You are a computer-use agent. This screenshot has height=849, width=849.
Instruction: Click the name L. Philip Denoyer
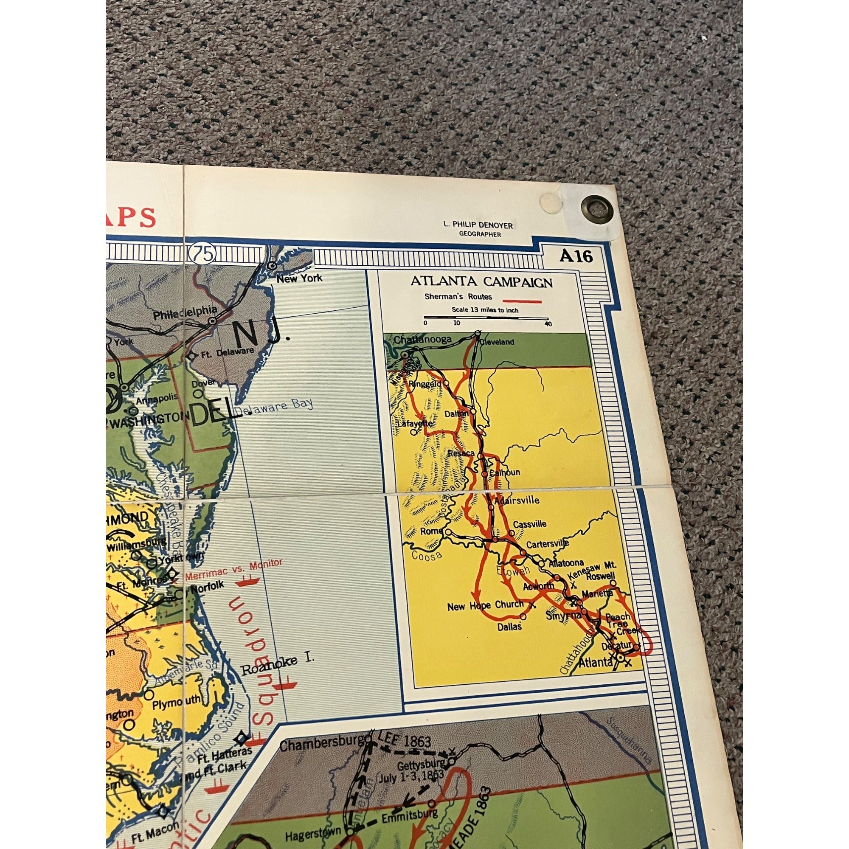tap(478, 225)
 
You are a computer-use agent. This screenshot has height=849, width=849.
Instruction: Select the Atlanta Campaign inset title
tap(481, 282)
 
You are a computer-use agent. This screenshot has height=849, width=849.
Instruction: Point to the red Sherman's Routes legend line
tap(522, 301)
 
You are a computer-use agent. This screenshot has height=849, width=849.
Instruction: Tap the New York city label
tap(299, 278)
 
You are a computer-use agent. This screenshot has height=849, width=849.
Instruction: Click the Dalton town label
tap(454, 413)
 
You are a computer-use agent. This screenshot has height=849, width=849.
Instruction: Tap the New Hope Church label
tap(485, 606)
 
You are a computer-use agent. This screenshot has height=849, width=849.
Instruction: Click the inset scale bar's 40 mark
tap(548, 324)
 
